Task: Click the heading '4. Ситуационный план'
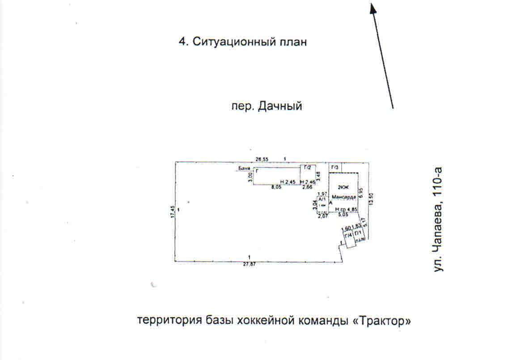243,42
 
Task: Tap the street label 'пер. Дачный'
267,106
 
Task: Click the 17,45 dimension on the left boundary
172,211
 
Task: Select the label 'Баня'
244,169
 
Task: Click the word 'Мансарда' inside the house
344,197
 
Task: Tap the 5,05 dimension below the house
343,215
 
